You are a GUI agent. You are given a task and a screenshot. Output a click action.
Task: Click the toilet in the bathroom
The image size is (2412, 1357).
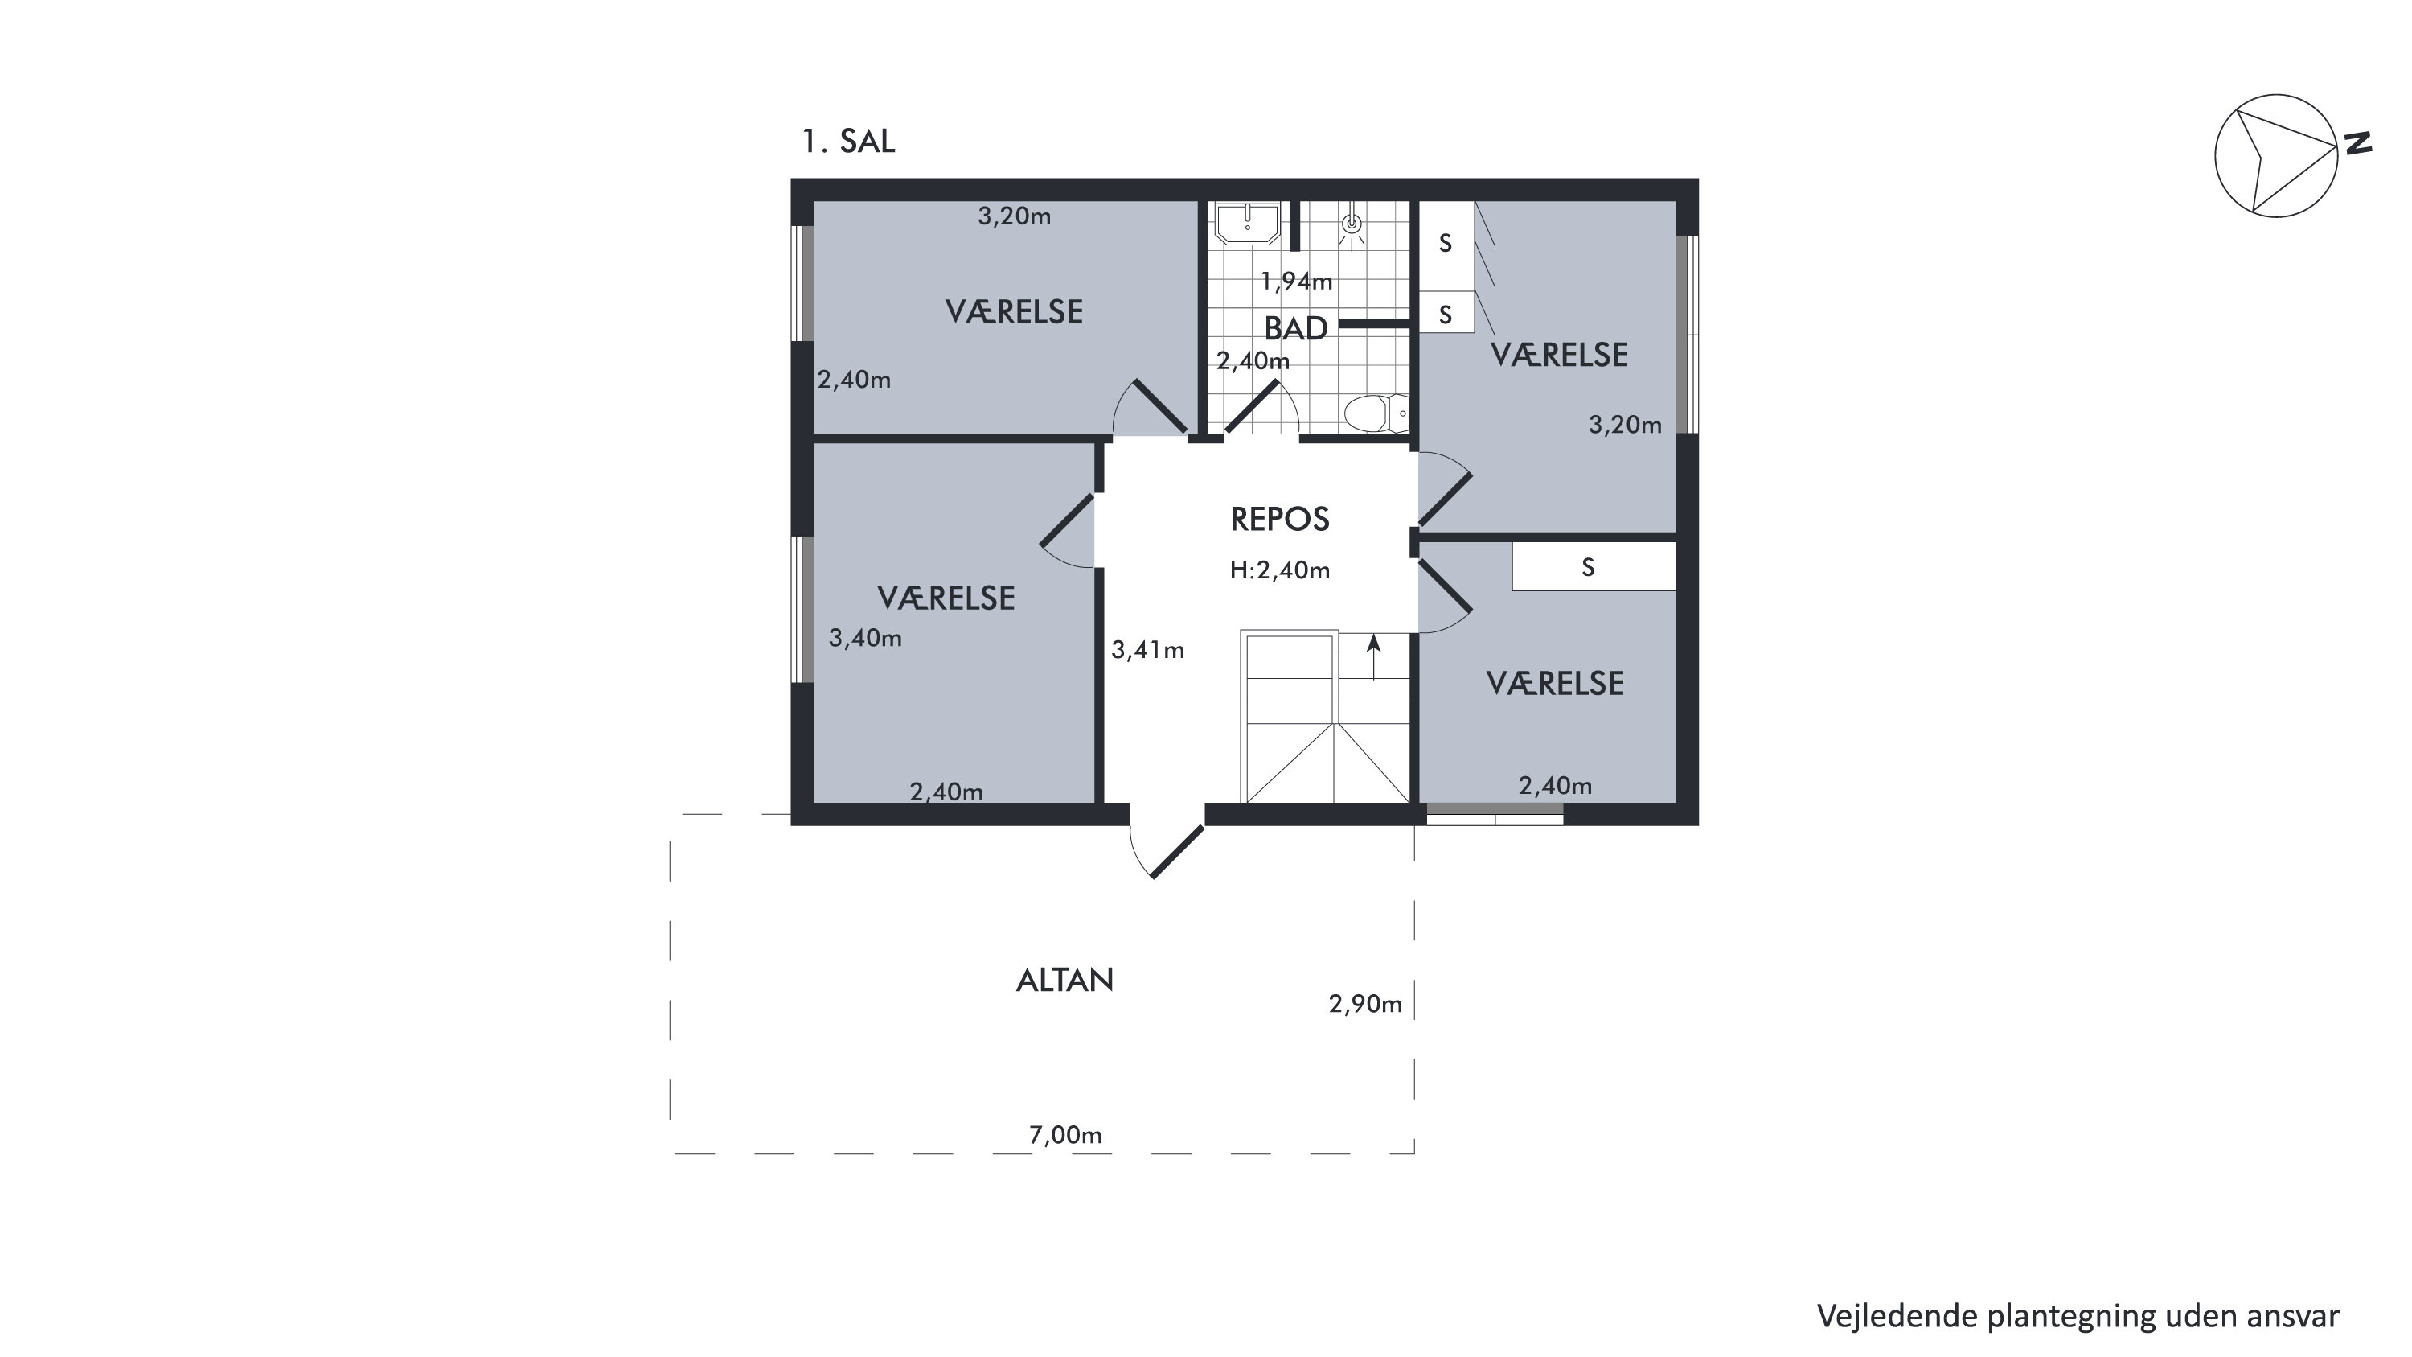pos(1376,412)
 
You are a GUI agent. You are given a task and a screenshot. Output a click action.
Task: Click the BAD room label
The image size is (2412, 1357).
pos(1296,327)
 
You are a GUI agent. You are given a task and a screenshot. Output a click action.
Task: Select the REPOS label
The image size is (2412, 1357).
pos(1280,519)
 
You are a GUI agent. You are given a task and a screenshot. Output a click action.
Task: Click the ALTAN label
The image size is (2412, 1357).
pos(1064,980)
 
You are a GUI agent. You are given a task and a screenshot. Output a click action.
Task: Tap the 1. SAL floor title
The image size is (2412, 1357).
pos(848,141)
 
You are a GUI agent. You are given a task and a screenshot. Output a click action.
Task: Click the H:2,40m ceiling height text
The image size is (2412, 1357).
pos(1280,570)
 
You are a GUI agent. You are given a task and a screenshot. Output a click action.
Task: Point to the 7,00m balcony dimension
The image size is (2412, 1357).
pos(1065,1135)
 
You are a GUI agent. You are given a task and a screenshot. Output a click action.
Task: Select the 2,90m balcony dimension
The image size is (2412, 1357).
pos(1365,1004)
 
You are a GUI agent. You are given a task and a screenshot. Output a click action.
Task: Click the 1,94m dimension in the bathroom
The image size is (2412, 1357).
pos(1296,281)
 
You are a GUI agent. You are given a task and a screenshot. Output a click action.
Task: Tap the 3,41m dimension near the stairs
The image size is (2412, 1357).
pos(1148,650)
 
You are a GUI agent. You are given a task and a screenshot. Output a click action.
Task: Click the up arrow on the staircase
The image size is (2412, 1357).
pos(1373,657)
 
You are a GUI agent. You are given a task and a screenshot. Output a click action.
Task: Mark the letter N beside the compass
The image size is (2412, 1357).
pos(2357,143)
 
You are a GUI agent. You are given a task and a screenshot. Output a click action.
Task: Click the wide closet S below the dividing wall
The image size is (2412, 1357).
pos(1594,568)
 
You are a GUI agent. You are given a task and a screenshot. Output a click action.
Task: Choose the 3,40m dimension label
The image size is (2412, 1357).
pos(865,639)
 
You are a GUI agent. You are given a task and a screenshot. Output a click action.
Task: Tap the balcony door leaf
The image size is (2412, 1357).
pos(1178,851)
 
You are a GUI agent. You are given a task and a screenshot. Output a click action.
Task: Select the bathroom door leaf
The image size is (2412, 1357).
pos(1253,406)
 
